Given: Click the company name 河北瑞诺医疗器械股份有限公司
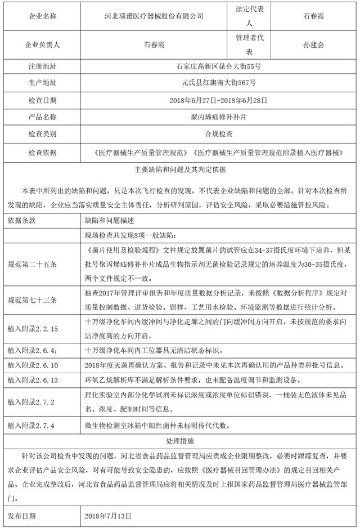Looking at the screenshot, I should tap(149, 17).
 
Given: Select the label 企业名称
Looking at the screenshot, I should tap(43, 17).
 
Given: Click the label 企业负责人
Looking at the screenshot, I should tap(43, 45).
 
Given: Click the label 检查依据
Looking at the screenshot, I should tap(43, 153).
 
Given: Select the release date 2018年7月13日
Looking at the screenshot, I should tap(107, 515).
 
